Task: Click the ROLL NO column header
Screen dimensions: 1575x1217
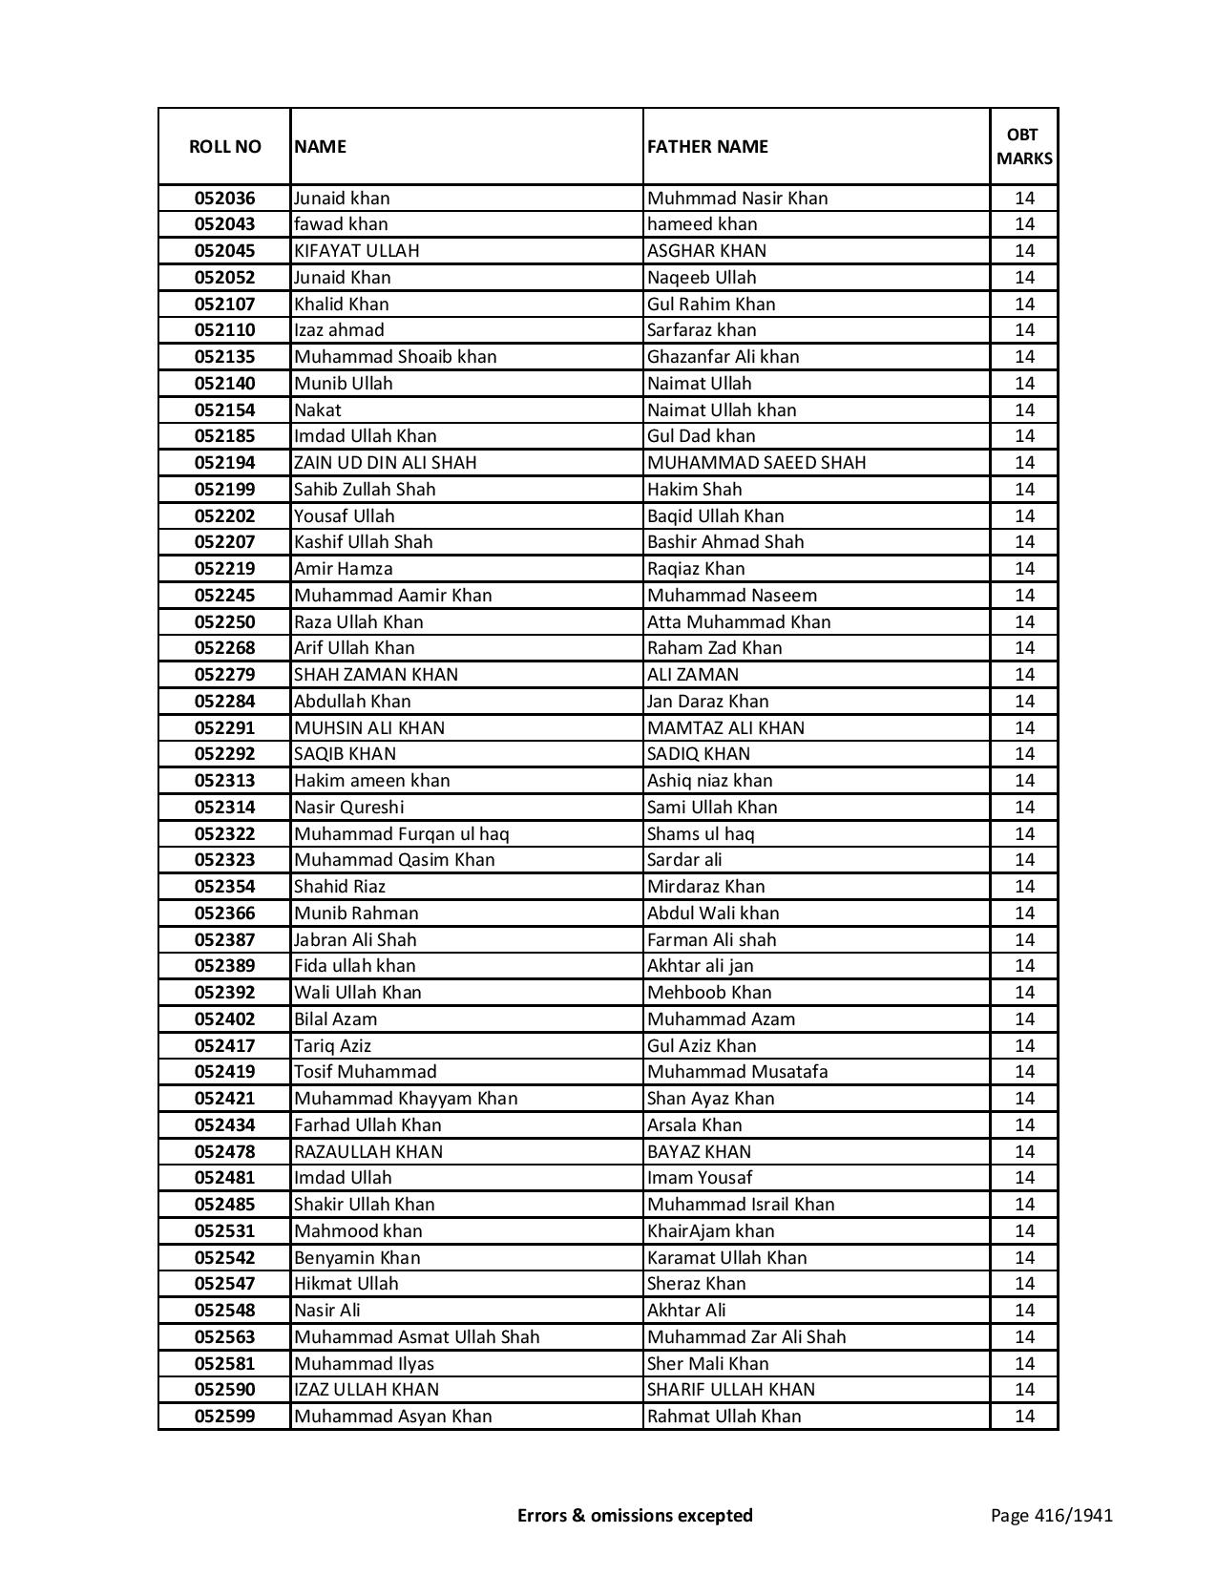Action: [224, 147]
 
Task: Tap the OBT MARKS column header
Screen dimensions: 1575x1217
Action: [1024, 147]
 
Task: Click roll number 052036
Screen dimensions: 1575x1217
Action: [224, 199]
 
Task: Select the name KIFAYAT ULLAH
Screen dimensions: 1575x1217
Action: [357, 251]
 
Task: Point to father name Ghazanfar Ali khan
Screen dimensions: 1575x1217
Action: [723, 357]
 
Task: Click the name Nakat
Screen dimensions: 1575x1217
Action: [317, 410]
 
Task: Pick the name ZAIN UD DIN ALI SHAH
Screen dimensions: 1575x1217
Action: [385, 463]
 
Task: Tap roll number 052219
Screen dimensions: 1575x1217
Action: [224, 569]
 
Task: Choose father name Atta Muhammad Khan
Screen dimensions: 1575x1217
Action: [739, 622]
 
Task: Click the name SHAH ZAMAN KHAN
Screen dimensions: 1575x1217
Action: [376, 675]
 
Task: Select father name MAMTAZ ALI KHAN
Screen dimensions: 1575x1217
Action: [725, 728]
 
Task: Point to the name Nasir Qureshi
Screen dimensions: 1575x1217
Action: [348, 808]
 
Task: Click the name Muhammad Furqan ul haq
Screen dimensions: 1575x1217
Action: [401, 834]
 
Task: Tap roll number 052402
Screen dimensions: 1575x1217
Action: [224, 1019]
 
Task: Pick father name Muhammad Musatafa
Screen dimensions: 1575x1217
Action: [737, 1072]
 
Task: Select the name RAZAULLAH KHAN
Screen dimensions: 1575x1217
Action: [368, 1152]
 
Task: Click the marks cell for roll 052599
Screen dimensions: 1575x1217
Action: [1024, 1417]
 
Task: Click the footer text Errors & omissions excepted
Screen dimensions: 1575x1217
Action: [635, 1516]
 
